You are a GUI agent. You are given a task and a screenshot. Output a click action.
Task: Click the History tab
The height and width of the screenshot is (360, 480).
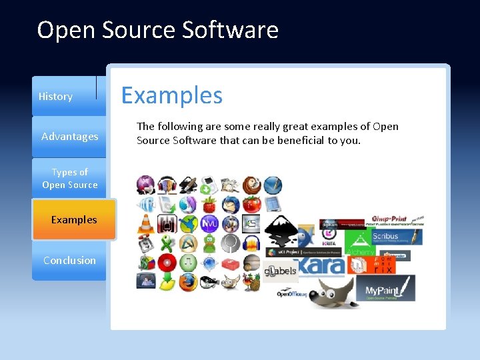pyautogui.click(x=56, y=97)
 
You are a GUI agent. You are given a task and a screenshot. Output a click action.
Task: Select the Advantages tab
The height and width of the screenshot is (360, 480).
pyautogui.click(x=69, y=137)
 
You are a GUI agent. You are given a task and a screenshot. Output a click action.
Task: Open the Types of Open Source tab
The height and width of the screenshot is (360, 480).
pyautogui.click(x=69, y=179)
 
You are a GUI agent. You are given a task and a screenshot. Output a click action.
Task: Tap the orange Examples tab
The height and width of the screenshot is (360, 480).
pyautogui.click(x=73, y=220)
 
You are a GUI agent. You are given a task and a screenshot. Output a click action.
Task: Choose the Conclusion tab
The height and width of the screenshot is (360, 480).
pyautogui.click(x=69, y=261)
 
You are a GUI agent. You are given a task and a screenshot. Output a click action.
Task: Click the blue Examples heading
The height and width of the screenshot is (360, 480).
pyautogui.click(x=171, y=95)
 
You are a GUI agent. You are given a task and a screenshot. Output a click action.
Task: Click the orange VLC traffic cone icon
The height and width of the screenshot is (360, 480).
pyautogui.click(x=145, y=225)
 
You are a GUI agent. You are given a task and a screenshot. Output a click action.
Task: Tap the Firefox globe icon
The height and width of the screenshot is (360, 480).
pyautogui.click(x=187, y=281)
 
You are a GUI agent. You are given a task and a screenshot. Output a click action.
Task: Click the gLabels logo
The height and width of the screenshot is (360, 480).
pyautogui.click(x=279, y=271)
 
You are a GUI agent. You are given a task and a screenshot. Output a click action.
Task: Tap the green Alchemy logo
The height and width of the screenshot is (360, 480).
pyautogui.click(x=360, y=252)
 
